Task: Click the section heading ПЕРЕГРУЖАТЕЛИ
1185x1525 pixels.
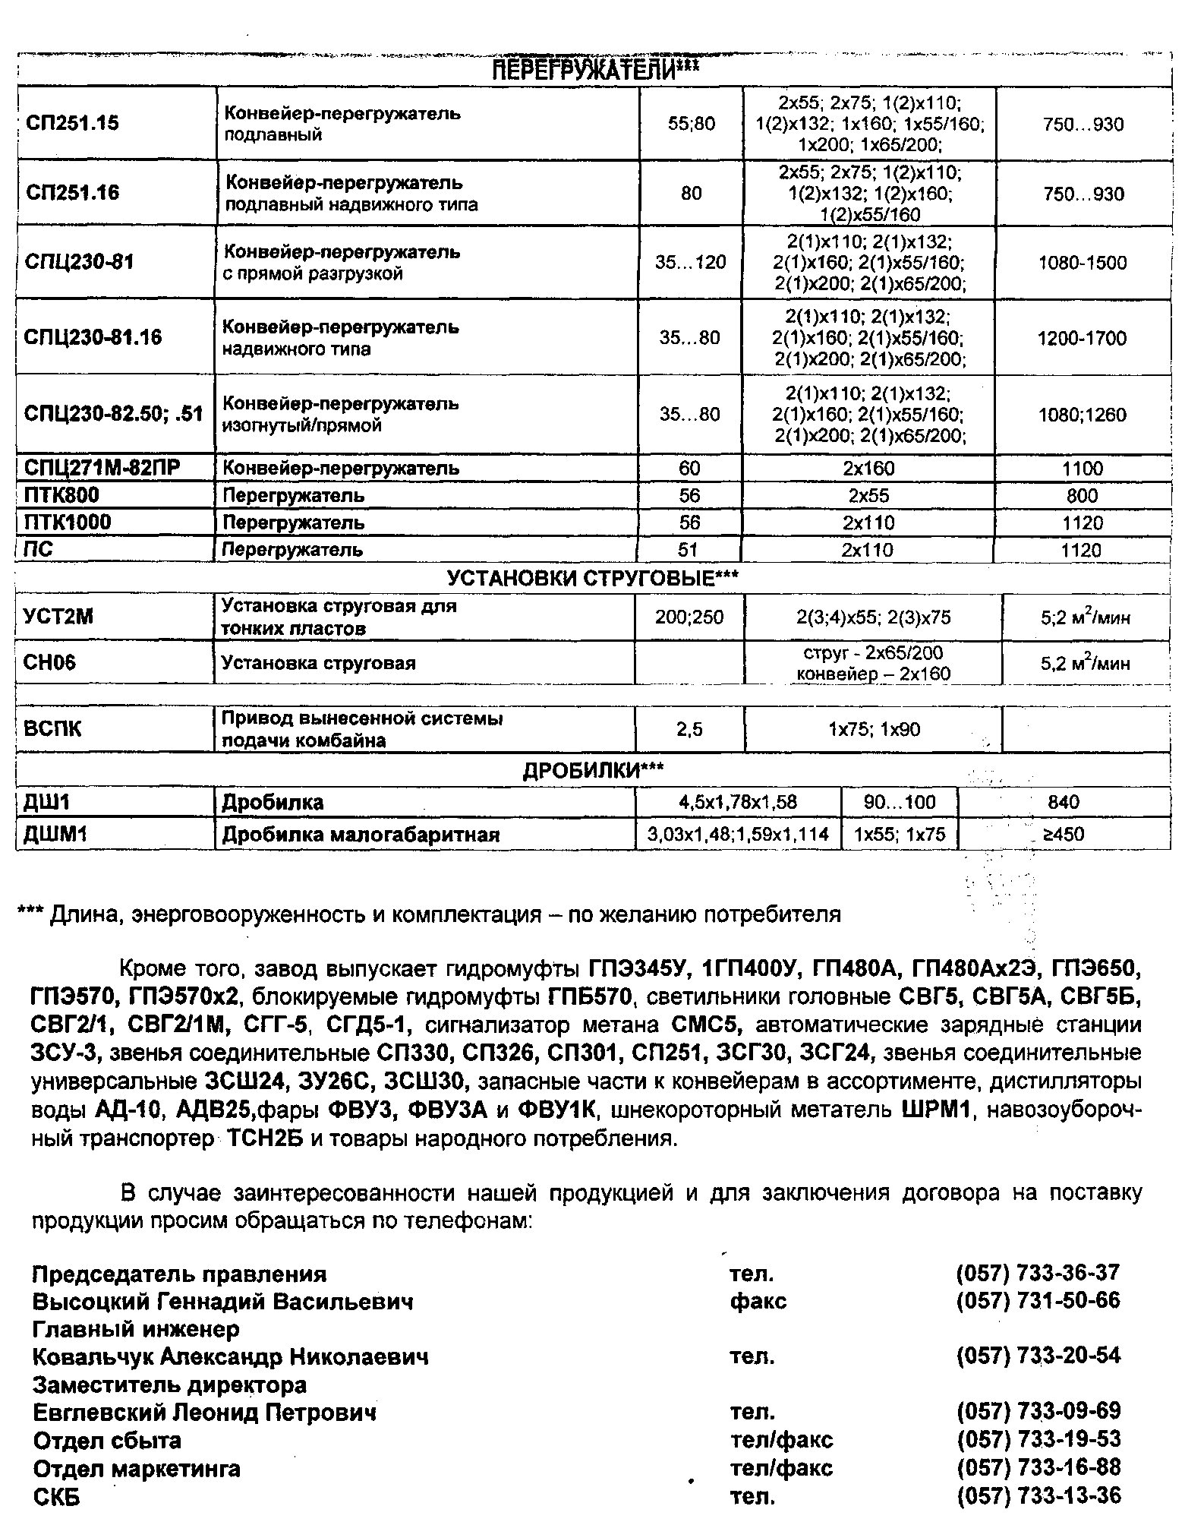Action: pos(595,71)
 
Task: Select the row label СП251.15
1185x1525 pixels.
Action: pos(72,123)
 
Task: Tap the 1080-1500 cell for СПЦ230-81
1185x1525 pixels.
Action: pos(1083,263)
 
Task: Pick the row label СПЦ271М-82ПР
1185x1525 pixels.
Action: pos(102,468)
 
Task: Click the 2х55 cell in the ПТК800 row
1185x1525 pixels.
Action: pos(868,496)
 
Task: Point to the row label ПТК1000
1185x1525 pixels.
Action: pos(68,523)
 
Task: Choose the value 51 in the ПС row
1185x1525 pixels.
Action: pos(688,550)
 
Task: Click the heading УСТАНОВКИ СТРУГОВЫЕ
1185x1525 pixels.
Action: pos(592,579)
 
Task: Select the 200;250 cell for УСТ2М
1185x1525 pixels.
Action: pos(689,617)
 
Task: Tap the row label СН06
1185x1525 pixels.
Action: pos(50,662)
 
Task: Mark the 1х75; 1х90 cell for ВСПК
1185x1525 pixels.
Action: pos(874,730)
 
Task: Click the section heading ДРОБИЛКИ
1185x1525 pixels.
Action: pos(593,771)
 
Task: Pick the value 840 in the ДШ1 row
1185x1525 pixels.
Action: pos(1063,802)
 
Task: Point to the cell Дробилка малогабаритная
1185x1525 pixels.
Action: pos(361,835)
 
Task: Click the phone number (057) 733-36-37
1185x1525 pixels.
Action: pos(1038,1273)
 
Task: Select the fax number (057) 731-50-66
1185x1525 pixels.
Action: pos(1038,1300)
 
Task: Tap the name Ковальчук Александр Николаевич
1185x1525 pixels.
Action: pos(230,1356)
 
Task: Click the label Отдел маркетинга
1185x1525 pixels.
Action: pos(137,1469)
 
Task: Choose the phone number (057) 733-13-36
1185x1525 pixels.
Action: pos(1038,1496)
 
